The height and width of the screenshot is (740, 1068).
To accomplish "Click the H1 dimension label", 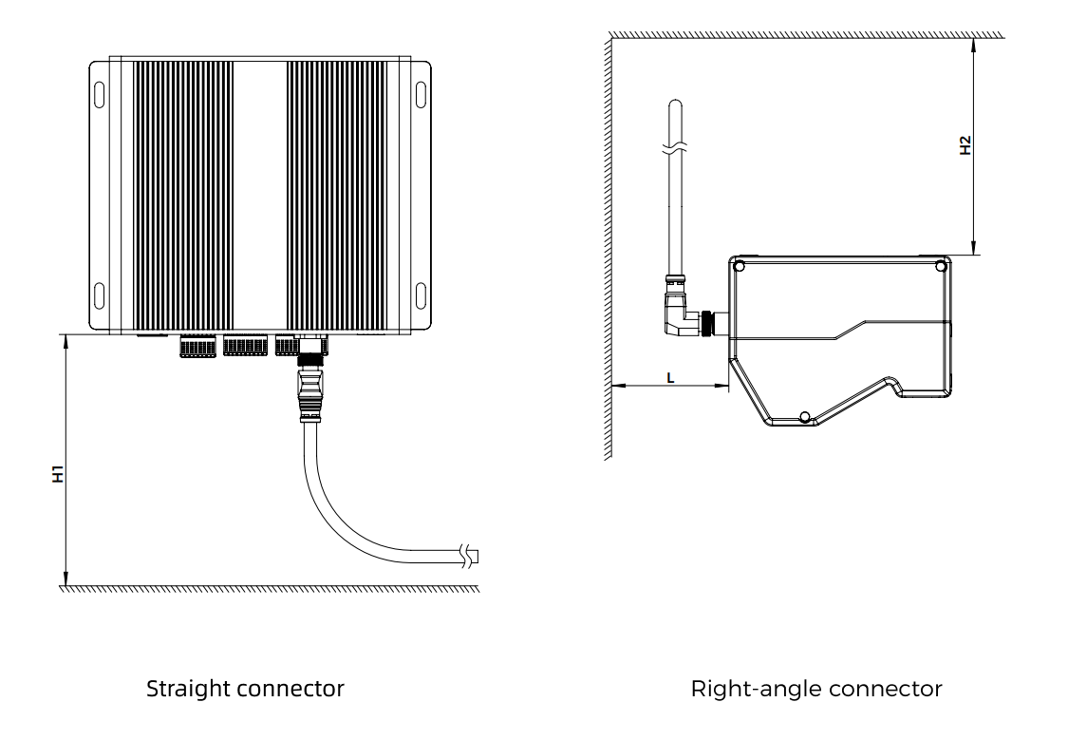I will pos(58,474).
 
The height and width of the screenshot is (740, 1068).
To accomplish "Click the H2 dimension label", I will pos(965,145).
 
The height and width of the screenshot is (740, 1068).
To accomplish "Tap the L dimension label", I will pos(670,377).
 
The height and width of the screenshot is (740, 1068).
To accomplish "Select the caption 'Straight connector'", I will pos(245,689).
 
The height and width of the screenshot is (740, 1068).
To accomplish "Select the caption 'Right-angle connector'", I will pos(817,689).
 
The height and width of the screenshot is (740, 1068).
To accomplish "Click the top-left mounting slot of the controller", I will pos(99,97).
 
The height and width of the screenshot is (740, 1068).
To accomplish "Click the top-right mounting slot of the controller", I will pos(421,97).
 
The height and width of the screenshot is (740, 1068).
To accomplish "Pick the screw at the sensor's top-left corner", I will pos(740,267).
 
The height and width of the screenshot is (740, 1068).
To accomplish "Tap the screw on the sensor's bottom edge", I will pos(804,417).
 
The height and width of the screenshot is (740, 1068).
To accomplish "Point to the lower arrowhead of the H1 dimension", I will pos(66,578).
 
